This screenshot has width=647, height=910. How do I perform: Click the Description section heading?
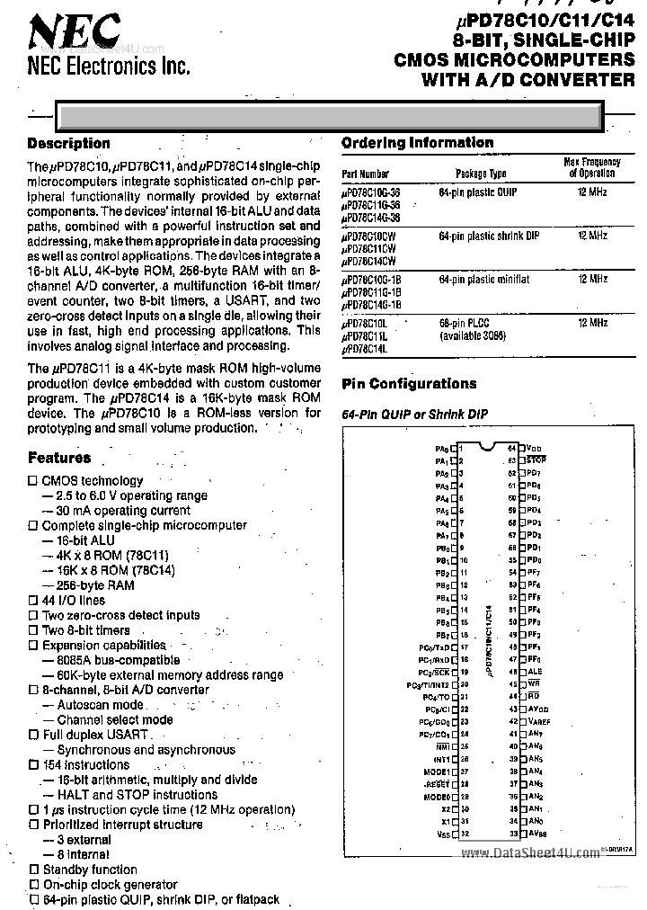[x=68, y=144]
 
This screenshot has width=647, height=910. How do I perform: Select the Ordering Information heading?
[x=417, y=143]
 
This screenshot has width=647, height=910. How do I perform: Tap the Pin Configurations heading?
[x=409, y=384]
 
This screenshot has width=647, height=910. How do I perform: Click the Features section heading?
[x=58, y=458]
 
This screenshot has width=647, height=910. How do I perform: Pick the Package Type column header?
[x=481, y=174]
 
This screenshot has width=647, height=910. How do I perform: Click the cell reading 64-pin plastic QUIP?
[x=479, y=193]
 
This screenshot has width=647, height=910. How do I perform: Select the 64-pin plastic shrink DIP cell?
[x=489, y=236]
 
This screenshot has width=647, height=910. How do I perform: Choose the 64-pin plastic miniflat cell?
[x=484, y=280]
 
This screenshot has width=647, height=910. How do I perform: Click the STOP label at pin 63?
[x=536, y=459]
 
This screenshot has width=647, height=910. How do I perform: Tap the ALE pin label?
[x=535, y=671]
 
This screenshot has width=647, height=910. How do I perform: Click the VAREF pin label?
[x=538, y=721]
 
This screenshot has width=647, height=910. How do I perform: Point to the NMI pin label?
[x=442, y=746]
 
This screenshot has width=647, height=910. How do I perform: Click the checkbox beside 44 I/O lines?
[x=33, y=601]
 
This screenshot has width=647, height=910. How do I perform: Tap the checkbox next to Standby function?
[x=33, y=870]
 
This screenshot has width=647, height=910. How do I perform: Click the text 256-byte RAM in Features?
[x=95, y=585]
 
